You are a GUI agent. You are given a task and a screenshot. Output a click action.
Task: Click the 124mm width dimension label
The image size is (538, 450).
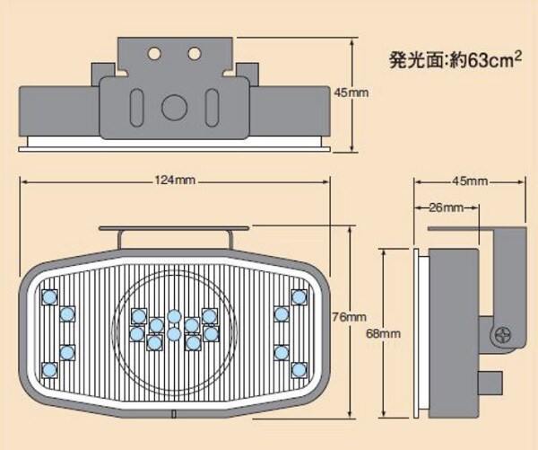[x=175, y=180]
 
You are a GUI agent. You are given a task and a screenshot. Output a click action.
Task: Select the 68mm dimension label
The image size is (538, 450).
[x=383, y=333]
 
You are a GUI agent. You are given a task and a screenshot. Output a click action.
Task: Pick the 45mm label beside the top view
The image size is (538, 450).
[x=351, y=92]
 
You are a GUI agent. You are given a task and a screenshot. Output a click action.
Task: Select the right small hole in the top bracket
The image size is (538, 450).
[x=194, y=53]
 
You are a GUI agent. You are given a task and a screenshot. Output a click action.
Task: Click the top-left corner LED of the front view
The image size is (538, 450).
[x=48, y=297]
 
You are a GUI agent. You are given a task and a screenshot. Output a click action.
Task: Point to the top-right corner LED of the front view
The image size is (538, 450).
[x=299, y=297]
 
